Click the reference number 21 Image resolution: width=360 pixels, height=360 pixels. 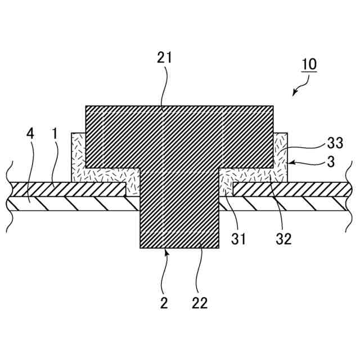(x=165, y=58)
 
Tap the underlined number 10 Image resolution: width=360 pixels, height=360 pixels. (x=309, y=64)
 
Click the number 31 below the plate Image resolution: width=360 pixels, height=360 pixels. (x=240, y=238)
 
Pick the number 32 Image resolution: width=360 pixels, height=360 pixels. (x=283, y=238)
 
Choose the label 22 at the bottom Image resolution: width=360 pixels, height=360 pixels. (x=199, y=303)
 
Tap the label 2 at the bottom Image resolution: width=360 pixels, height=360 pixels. (x=164, y=303)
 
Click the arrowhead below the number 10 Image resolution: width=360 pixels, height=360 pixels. (x=295, y=93)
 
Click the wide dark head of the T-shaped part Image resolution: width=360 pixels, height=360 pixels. (x=179, y=136)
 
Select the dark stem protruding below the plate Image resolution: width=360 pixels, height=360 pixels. (x=179, y=225)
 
